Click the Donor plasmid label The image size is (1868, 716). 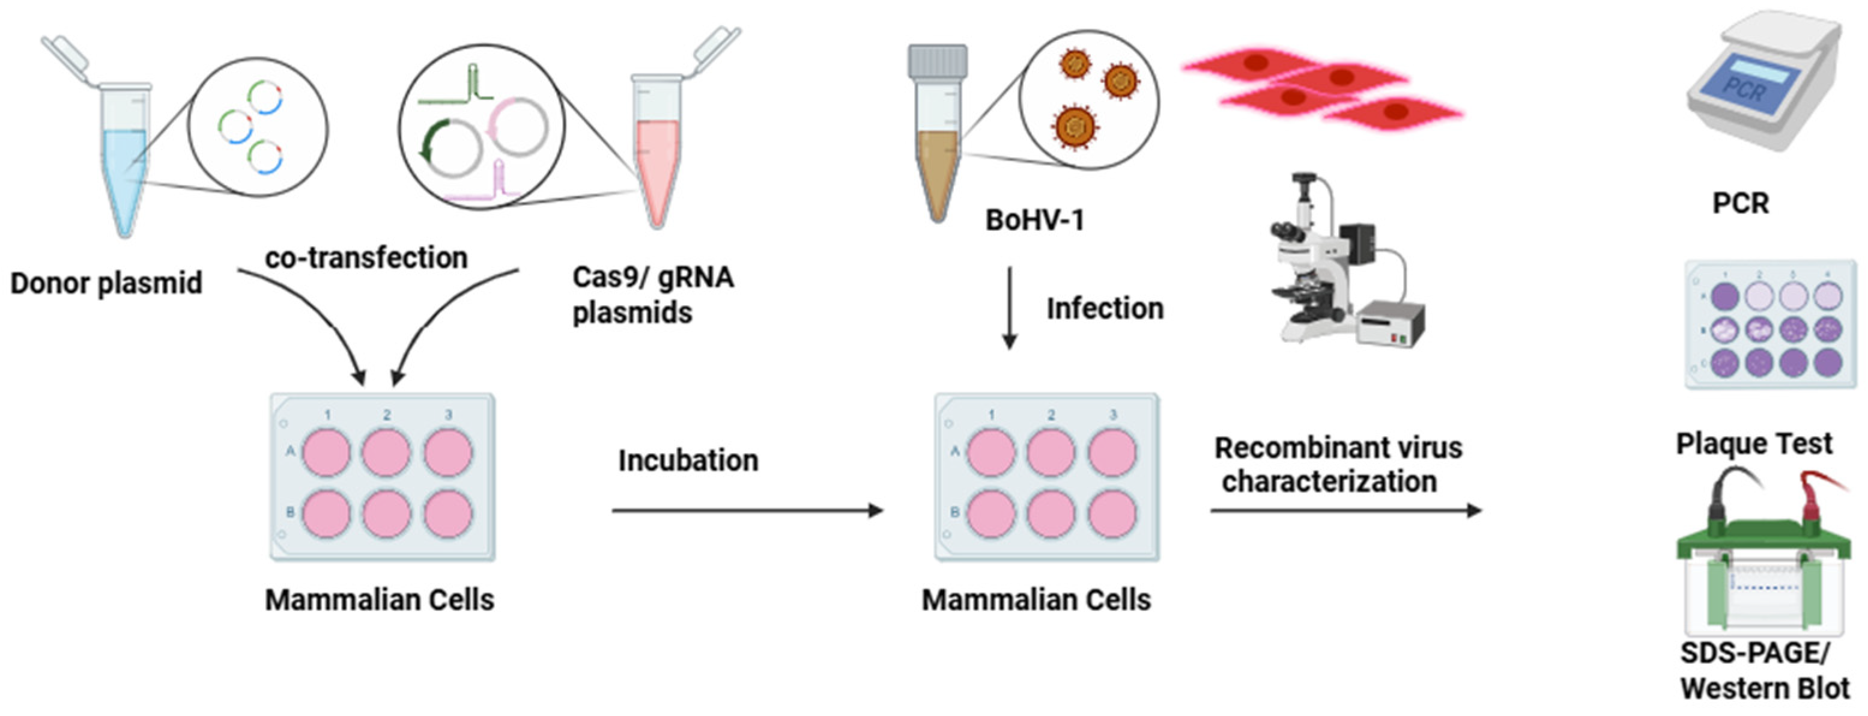pyautogui.click(x=106, y=283)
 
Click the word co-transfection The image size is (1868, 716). pyautogui.click(x=366, y=257)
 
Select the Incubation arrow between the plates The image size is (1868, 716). pyautogui.click(x=747, y=511)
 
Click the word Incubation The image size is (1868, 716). pyautogui.click(x=688, y=461)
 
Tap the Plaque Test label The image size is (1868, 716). pyautogui.click(x=1753, y=443)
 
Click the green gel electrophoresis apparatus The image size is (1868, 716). pyautogui.click(x=1763, y=580)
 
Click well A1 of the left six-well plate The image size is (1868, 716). pyautogui.click(x=326, y=452)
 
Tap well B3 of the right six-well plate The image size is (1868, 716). pyautogui.click(x=1112, y=513)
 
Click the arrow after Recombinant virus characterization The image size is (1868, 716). pyautogui.click(x=1345, y=511)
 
